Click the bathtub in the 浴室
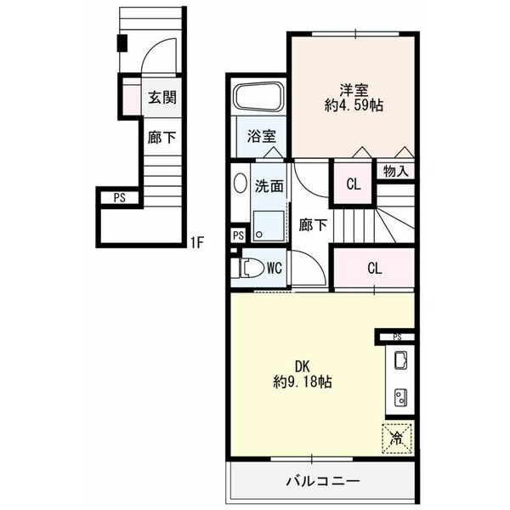[260, 98]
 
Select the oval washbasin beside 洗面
[240, 183]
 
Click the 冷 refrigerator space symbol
[397, 439]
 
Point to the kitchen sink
[400, 360]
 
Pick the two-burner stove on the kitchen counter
[400, 398]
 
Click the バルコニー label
[323, 481]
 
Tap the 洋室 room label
[354, 90]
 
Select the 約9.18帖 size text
[303, 382]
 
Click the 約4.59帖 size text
[354, 105]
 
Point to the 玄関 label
[162, 97]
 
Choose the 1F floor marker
[197, 242]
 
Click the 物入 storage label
[395, 171]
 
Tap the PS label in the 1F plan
[119, 198]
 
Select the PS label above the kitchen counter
[397, 337]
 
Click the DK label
[302, 366]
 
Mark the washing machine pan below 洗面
[269, 226]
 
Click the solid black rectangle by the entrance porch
[122, 43]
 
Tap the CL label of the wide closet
[374, 269]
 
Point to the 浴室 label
[262, 137]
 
